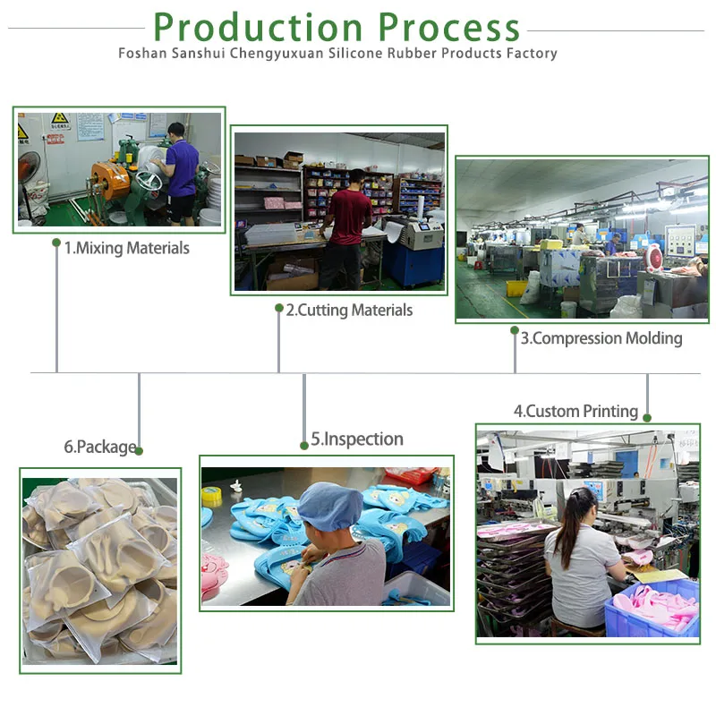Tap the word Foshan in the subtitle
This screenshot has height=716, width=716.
[141, 54]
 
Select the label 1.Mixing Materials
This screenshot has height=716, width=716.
[126, 248]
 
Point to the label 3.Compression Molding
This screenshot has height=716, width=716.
[601, 338]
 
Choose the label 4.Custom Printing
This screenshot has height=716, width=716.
[575, 412]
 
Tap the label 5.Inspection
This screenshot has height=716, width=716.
[357, 439]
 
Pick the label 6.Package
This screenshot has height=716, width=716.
[99, 447]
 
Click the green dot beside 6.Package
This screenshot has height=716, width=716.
[139, 451]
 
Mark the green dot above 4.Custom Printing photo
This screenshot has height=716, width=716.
[647, 417]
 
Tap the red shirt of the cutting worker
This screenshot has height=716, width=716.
[348, 216]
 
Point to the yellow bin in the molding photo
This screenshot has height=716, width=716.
[516, 288]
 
